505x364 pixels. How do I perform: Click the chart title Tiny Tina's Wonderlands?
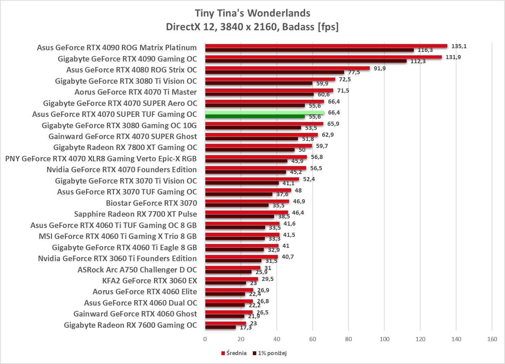point(252,13)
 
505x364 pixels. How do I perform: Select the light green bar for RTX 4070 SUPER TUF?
point(264,112)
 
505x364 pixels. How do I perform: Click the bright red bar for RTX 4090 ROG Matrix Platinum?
point(326,46)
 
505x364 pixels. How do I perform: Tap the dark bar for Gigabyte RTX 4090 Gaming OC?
point(306,61)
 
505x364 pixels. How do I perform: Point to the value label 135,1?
point(459,46)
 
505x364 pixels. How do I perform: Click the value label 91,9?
point(380,68)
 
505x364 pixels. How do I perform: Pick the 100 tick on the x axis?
point(384,339)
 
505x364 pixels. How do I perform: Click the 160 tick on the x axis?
point(492,339)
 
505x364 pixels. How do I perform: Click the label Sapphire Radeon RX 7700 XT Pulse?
point(135,214)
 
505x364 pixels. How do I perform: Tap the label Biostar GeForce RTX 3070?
point(151,203)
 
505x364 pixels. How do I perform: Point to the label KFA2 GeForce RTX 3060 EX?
point(150,281)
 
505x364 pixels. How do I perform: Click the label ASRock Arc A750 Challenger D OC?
point(137,270)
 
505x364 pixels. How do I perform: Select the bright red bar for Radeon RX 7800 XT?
point(258,146)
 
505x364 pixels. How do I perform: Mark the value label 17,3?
point(246,327)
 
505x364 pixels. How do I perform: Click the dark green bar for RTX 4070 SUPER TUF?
point(255,117)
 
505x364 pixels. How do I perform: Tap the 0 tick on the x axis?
point(205,339)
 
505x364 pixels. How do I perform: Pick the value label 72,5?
point(345,79)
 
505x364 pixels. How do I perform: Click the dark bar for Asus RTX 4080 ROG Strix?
point(274,72)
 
